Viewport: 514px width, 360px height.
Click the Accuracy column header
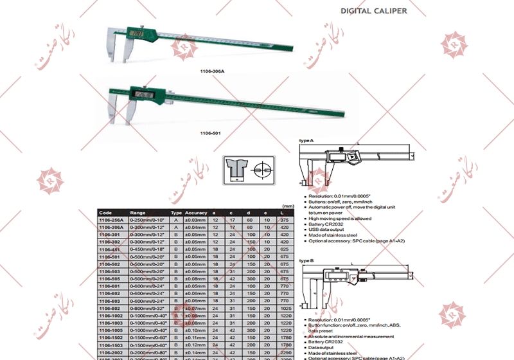[196, 213]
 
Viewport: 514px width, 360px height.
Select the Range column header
[138, 213]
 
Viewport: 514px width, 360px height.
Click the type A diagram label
[306, 140]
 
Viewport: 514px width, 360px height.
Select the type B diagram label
[306, 261]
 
